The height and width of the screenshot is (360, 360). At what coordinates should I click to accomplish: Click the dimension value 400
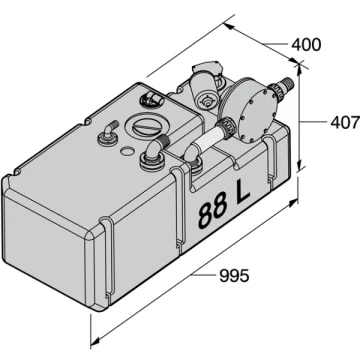coord(306,45)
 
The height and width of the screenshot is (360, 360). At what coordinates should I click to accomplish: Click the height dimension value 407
coord(345,122)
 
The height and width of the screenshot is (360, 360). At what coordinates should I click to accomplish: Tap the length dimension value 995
coord(234,276)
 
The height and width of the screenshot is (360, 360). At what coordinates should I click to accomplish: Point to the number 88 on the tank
coord(212,212)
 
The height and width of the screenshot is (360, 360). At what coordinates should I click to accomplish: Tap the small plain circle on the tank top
coord(127,151)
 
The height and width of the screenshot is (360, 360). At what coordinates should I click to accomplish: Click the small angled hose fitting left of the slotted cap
coord(107,134)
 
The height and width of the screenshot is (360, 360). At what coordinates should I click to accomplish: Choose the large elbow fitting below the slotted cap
coord(154,152)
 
